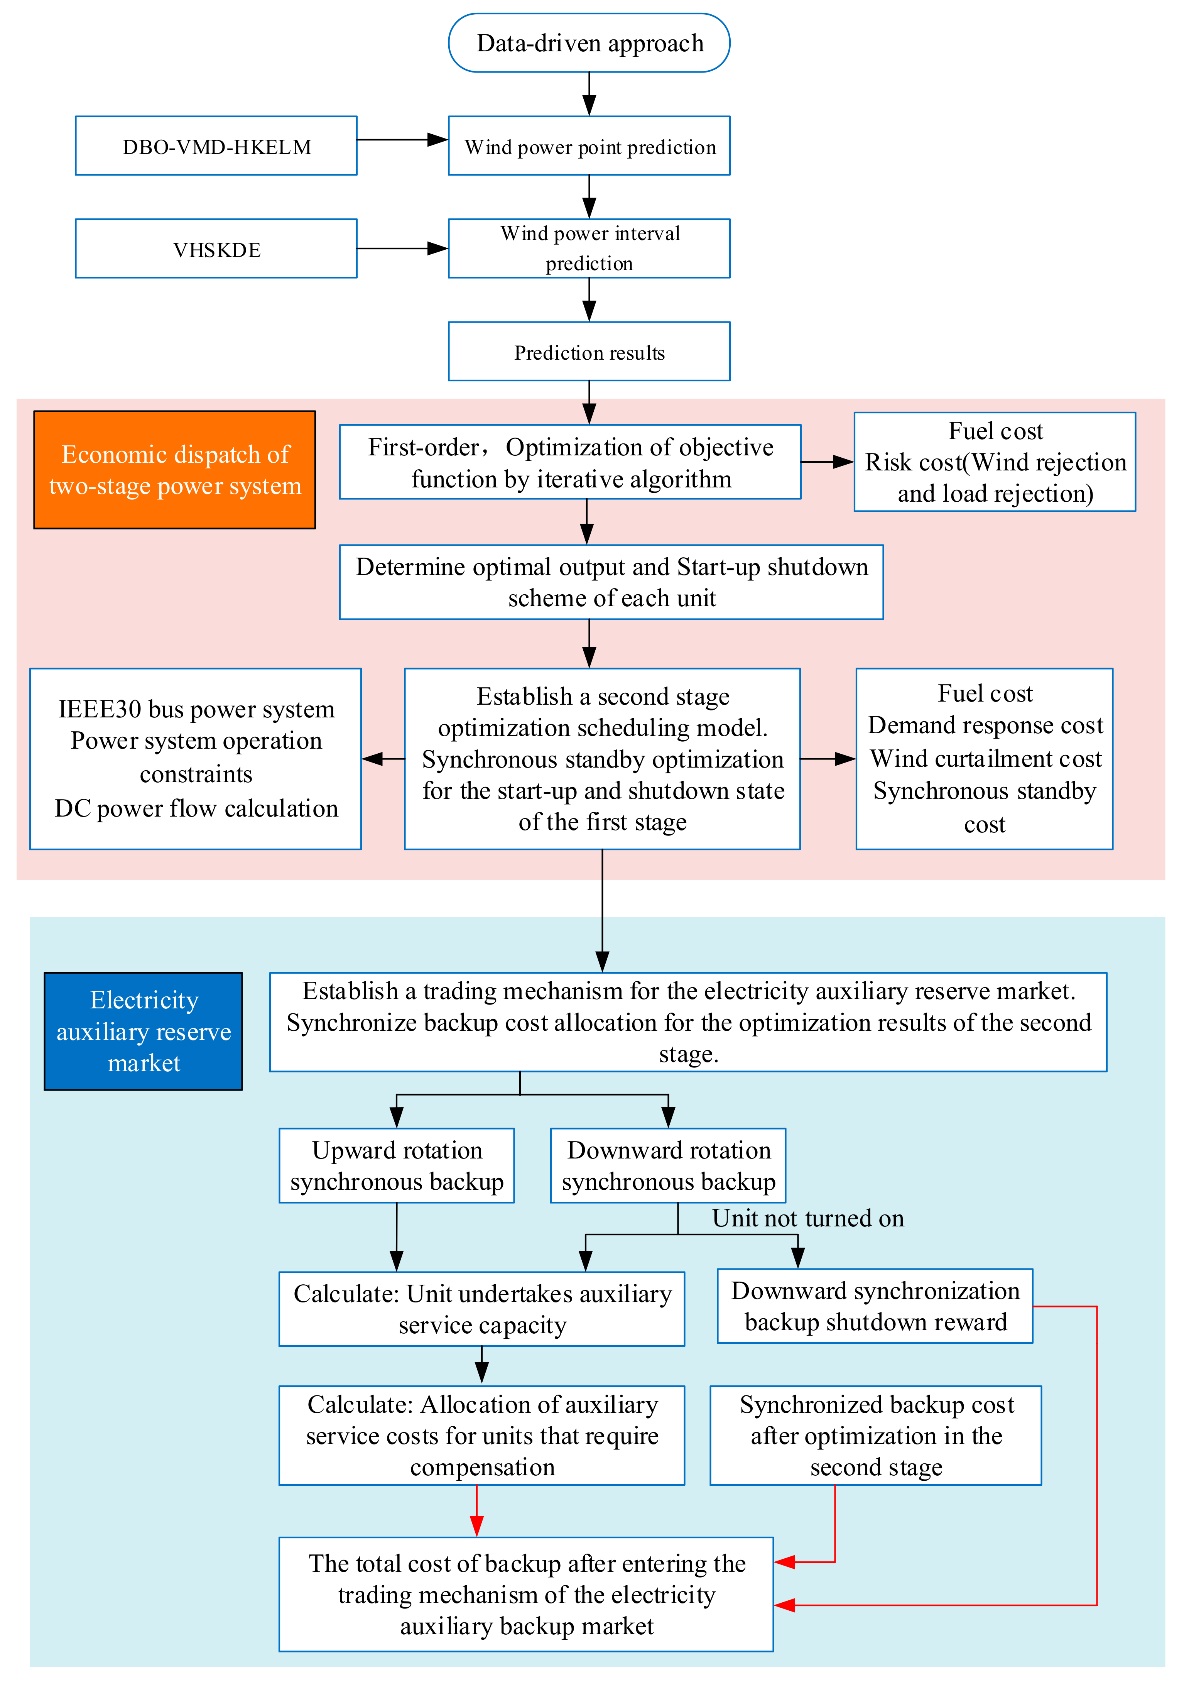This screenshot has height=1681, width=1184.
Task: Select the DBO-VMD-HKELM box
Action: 216,146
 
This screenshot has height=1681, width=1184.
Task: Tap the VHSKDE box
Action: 216,249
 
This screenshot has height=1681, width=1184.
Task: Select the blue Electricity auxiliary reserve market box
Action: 144,1031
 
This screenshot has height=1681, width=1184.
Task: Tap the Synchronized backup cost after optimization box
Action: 875,1435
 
